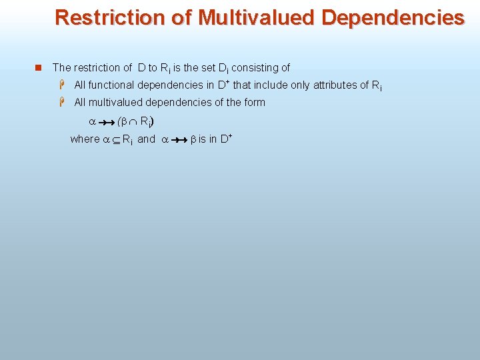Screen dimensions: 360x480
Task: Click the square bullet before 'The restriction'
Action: click(x=38, y=67)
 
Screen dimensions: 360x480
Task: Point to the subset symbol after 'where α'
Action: click(x=115, y=139)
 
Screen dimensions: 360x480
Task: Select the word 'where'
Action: click(x=84, y=139)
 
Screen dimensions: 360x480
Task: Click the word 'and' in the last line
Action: click(x=146, y=139)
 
